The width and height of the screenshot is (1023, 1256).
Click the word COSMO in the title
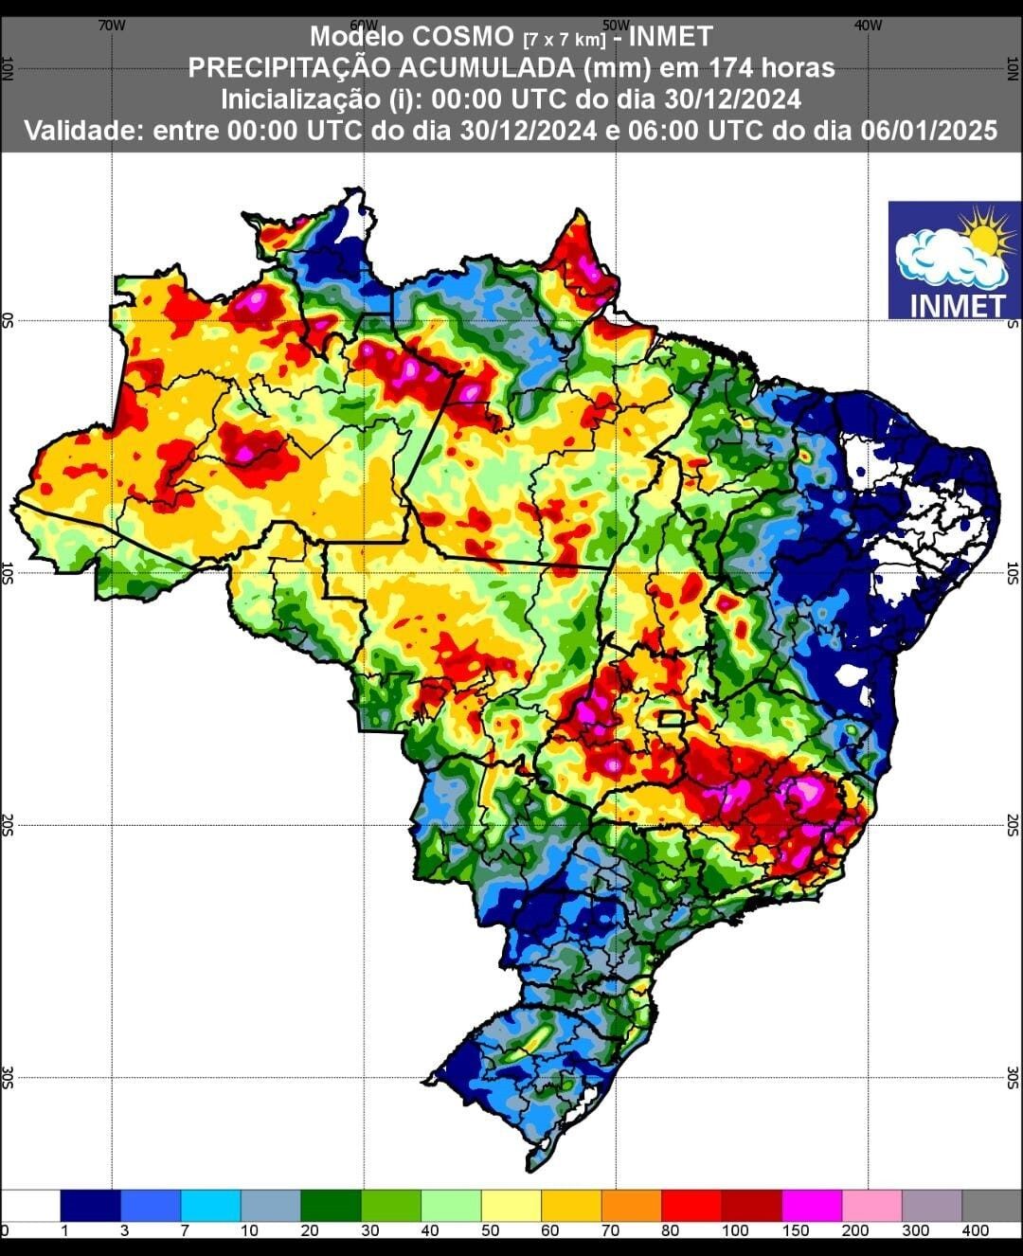[464, 37]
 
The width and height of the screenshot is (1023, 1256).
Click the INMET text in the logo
[956, 305]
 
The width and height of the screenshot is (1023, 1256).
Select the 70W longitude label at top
[112, 26]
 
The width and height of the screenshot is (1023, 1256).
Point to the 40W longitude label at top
[868, 26]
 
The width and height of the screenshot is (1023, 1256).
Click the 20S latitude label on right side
[1012, 823]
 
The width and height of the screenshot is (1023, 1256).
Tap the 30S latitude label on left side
[9, 1077]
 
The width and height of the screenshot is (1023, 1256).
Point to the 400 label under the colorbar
[975, 1230]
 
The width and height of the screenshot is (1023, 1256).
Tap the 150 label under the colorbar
[795, 1230]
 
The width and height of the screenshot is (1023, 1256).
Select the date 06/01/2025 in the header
[929, 130]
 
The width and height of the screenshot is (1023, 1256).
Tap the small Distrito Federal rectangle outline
[672, 719]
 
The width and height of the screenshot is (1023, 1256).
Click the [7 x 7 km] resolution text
[565, 40]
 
